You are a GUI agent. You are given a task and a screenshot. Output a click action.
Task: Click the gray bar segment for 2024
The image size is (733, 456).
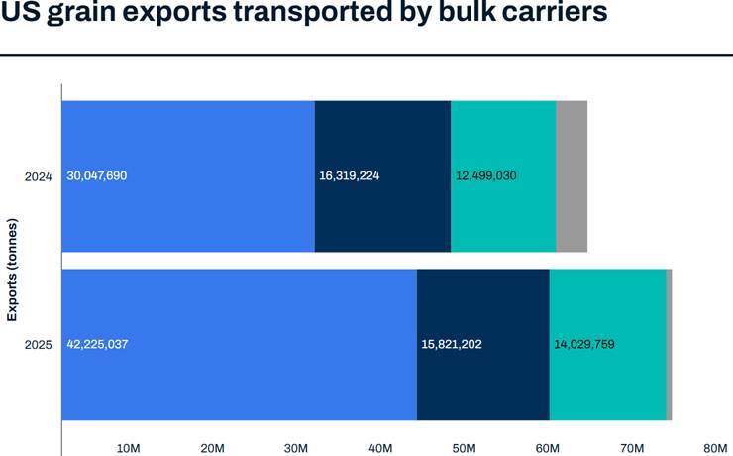click(x=572, y=176)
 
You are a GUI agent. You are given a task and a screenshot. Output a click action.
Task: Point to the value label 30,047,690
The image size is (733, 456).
click(x=97, y=176)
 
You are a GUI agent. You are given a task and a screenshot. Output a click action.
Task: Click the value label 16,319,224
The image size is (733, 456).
click(x=350, y=176)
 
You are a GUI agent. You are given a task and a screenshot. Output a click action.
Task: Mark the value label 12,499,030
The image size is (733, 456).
click(x=485, y=176)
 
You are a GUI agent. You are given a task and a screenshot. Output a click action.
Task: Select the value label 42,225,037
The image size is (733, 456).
click(x=97, y=344)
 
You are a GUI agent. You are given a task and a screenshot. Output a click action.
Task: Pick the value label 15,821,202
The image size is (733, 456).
click(x=452, y=344)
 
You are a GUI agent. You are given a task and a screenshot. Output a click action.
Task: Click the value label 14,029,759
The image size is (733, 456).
click(x=583, y=344)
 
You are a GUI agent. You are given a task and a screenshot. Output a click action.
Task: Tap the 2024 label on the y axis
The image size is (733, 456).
click(x=38, y=176)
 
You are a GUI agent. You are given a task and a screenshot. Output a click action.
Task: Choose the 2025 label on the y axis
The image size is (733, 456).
click(x=38, y=344)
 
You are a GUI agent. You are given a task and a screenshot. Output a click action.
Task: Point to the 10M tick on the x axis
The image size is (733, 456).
click(x=128, y=448)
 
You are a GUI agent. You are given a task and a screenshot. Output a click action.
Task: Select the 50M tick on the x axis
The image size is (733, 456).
click(x=464, y=448)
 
